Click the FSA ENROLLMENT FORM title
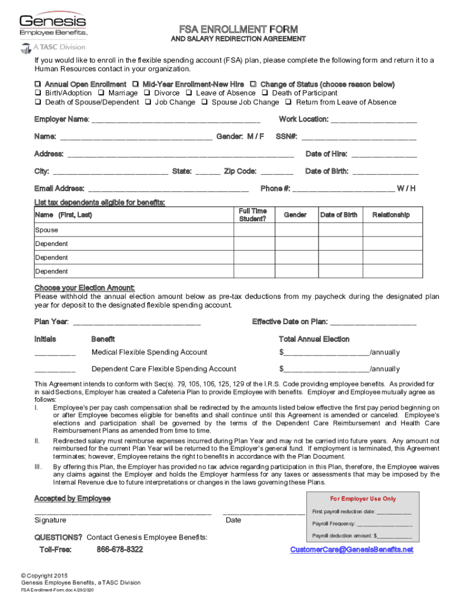[x=239, y=29]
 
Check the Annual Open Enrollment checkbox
[x=38, y=84]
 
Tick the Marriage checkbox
[x=102, y=93]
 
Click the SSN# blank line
[x=359, y=139]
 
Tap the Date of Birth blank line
[x=385, y=174]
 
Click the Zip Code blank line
[x=277, y=174]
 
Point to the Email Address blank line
[x=168, y=191]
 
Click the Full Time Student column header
[x=253, y=215]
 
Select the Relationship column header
[x=390, y=215]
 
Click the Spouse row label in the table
[x=46, y=230]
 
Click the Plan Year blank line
[x=137, y=324]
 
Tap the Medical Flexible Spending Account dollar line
[x=326, y=354]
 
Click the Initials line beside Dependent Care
[x=54, y=371]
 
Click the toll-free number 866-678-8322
[x=120, y=550]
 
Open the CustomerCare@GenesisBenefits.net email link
[x=351, y=550]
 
